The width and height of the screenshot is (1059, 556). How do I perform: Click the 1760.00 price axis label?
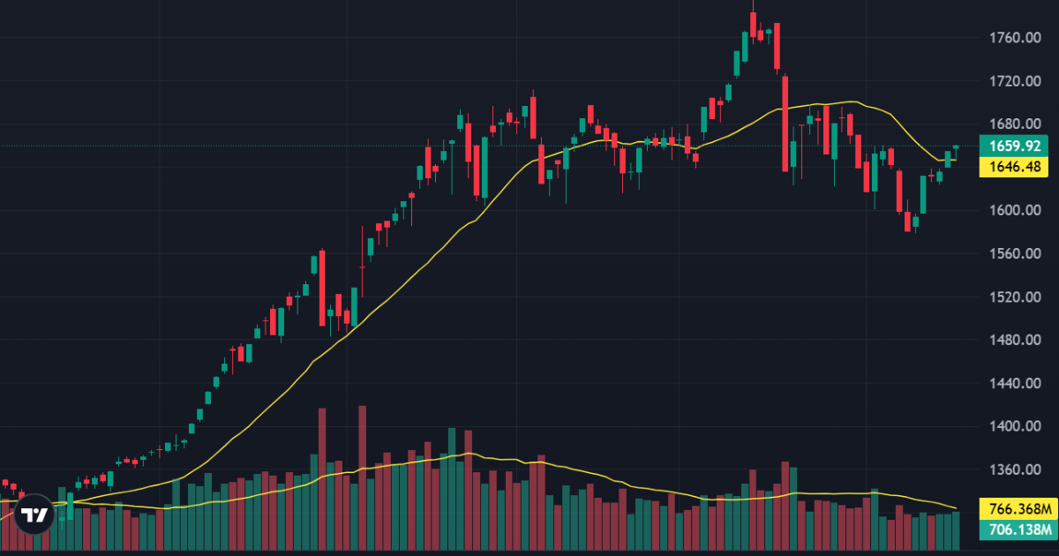[x=1010, y=38]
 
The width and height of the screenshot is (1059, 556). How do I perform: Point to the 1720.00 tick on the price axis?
[x=1010, y=81]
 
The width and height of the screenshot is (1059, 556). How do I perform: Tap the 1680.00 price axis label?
[x=1010, y=124]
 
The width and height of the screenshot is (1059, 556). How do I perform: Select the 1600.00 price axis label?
[x=1010, y=211]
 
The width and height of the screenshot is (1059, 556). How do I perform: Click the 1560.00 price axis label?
[x=1010, y=254]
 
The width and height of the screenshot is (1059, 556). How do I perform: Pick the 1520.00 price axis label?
[x=1010, y=297]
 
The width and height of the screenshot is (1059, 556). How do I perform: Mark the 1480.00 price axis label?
[x=1010, y=341]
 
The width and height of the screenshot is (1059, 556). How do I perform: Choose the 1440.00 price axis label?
[x=1010, y=384]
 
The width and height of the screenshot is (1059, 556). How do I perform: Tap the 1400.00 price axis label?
[x=1010, y=427]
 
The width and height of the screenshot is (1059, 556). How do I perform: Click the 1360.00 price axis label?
[x=1010, y=470]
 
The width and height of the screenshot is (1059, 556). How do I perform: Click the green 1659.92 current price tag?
[x=1014, y=147]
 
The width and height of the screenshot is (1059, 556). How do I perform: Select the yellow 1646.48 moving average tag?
[x=1014, y=166]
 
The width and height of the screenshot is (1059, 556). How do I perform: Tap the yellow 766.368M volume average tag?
[x=1018, y=509]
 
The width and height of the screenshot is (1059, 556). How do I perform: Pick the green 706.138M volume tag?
[x=1018, y=530]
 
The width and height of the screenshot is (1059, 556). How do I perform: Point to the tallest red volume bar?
[x=362, y=477]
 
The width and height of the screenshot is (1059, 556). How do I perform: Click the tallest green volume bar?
[x=452, y=485]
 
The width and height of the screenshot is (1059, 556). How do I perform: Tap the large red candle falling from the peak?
[x=785, y=124]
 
